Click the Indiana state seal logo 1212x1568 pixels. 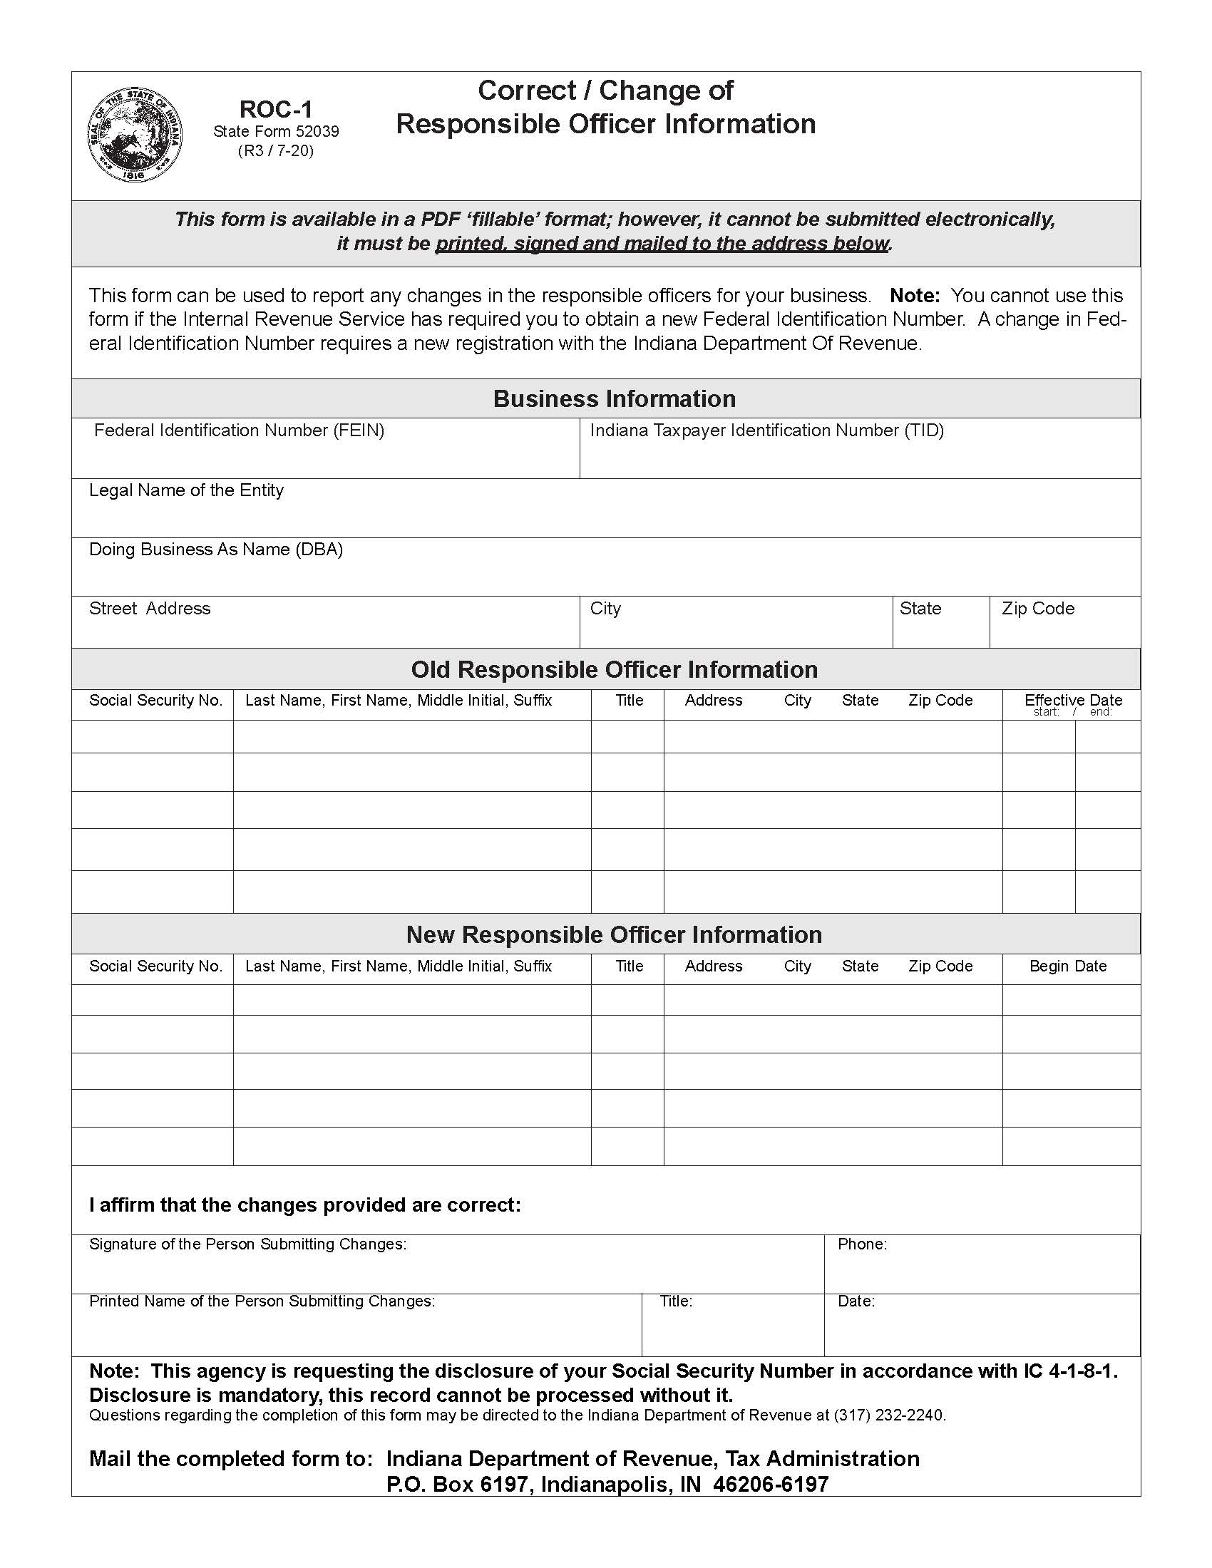[x=134, y=135]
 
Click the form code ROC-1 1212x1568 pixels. [x=276, y=109]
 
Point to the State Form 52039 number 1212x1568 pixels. [x=276, y=131]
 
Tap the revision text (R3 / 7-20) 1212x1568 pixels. [x=276, y=151]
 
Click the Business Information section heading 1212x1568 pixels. [x=614, y=398]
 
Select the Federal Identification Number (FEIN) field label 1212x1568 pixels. [x=239, y=430]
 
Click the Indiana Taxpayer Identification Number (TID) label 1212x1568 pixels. [x=766, y=430]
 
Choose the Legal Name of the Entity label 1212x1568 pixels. [x=186, y=490]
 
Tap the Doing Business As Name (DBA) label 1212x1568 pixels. [x=215, y=550]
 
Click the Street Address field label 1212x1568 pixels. [x=149, y=608]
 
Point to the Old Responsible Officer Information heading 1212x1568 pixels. [x=614, y=669]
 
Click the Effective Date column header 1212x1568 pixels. [x=1073, y=699]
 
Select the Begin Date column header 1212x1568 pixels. [x=1068, y=966]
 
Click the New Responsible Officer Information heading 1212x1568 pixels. [x=614, y=934]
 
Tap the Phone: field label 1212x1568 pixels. [x=862, y=1244]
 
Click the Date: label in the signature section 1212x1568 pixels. [x=856, y=1301]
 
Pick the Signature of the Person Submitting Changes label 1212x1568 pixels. [x=247, y=1244]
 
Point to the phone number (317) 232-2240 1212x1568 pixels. [x=889, y=1415]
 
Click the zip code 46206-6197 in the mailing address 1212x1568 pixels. [x=771, y=1484]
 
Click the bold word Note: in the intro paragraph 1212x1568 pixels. [x=914, y=295]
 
